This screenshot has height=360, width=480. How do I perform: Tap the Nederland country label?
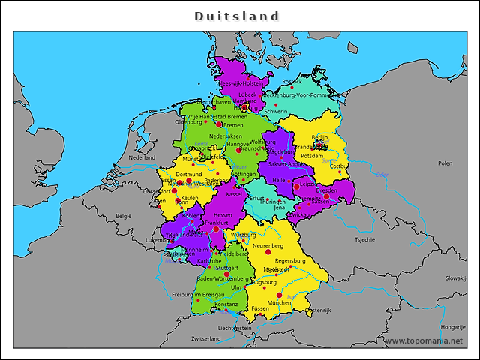pos(142,158)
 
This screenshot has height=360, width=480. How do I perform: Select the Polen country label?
pos(445,163)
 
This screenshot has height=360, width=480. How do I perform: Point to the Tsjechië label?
pos(364,240)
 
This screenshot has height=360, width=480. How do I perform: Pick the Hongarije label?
pos(453,326)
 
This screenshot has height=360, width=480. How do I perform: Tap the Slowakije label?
pos(455,277)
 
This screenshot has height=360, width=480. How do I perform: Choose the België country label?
pos(123,215)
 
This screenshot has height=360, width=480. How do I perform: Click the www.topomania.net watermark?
pos(424,340)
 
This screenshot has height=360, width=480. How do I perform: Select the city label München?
pos(279,302)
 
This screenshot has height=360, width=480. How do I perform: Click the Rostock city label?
pos(292,82)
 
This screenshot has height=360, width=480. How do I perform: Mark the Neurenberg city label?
pos(268,245)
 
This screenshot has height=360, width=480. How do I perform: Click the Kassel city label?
pos(234,194)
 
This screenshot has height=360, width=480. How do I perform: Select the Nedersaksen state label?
pos(226,136)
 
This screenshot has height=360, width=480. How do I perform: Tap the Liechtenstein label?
pos(235,328)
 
